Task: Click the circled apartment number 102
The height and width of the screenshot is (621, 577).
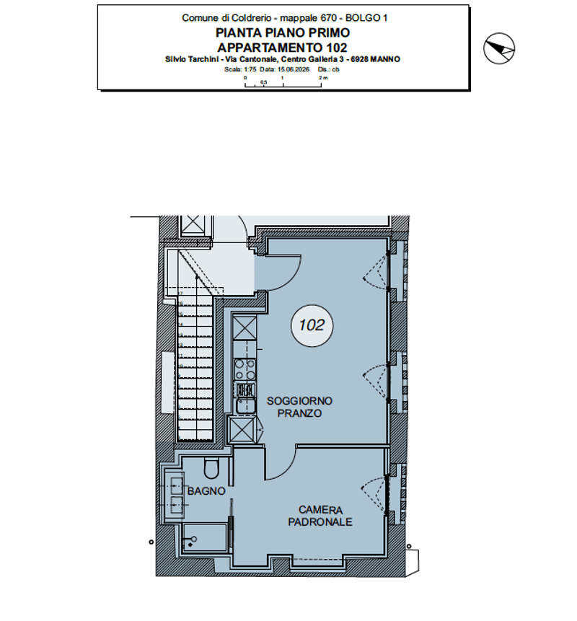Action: coord(312,325)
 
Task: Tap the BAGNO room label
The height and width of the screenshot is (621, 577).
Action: coord(206,491)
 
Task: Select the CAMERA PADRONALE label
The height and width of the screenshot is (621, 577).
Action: coord(320,516)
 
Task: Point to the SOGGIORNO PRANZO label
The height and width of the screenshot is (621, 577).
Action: coord(299,407)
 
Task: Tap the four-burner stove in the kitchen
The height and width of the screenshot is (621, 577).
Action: coord(245,369)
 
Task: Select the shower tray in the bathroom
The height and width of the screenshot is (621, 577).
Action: coord(205,537)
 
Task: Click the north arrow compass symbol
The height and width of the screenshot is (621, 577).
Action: coord(499,48)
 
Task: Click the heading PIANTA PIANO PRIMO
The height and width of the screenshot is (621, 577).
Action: coord(283,32)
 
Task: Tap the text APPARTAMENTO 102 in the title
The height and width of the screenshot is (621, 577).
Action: coord(282,48)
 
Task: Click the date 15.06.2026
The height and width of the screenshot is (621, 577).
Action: coord(294,69)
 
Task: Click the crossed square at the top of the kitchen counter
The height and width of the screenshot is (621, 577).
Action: coord(245,328)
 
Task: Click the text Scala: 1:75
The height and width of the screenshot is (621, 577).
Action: coord(240,69)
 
